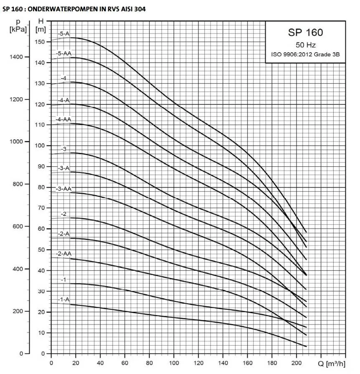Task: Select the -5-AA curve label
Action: (64, 53)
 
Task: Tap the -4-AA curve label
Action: (64, 120)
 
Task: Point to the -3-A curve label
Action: (64, 168)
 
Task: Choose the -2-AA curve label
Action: (64, 254)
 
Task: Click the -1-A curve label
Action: (64, 300)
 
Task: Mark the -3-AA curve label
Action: (64, 189)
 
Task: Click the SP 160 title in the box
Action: (305, 33)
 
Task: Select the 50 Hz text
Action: (305, 45)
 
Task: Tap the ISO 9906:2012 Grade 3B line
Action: (305, 55)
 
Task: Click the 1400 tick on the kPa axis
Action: (21, 57)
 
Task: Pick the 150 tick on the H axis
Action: (40, 42)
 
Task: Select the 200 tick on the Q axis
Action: (297, 362)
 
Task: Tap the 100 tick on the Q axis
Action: (174, 362)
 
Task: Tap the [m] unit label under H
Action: (41, 29)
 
